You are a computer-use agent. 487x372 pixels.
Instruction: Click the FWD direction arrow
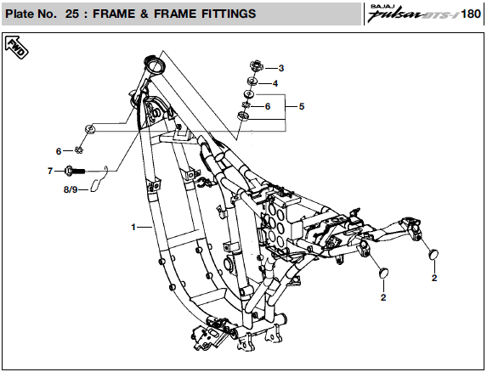16,48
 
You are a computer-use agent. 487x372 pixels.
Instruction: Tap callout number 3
281,68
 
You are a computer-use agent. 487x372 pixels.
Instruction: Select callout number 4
275,83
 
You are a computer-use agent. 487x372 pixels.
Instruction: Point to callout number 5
302,106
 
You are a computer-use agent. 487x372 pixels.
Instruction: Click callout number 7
50,171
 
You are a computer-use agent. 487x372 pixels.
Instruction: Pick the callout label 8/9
71,189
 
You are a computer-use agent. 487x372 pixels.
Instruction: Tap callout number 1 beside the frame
133,227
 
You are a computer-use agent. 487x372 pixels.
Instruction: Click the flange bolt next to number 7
75,171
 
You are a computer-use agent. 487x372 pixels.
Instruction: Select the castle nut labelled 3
257,65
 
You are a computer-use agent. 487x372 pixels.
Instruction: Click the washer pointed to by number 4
252,82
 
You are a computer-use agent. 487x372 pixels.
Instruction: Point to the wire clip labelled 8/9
99,179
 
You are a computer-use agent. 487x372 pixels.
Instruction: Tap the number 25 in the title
71,14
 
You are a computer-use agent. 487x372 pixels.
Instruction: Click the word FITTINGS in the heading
229,14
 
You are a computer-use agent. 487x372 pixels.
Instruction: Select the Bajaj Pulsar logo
413,13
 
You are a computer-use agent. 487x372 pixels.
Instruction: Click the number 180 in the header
471,14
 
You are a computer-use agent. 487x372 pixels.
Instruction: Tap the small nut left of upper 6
246,106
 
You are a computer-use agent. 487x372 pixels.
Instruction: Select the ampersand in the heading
144,14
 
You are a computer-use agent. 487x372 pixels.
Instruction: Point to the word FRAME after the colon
113,14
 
